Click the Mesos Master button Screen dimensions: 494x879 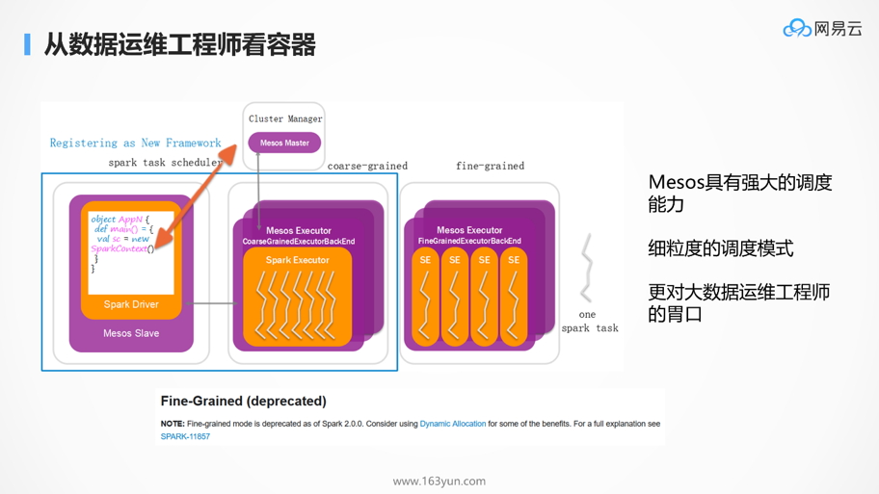tap(284, 143)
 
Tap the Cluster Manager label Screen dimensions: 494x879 tap(285, 118)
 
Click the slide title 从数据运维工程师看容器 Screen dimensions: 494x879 tap(180, 44)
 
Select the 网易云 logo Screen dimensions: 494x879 tap(822, 29)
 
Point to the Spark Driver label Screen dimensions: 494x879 tap(131, 304)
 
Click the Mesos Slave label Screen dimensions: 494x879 tap(131, 333)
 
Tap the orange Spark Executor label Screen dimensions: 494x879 tap(297, 260)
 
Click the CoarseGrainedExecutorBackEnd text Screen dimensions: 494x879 tap(298, 242)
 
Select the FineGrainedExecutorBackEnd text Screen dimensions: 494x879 tap(469, 241)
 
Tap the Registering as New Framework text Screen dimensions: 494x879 tap(135, 143)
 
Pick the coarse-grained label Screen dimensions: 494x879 tap(367, 166)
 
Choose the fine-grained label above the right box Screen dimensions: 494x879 tap(490, 166)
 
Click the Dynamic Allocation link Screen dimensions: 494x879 tap(452, 424)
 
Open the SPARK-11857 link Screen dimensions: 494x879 tap(185, 436)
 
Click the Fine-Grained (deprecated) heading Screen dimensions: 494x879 tap(243, 401)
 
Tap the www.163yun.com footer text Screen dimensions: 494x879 tap(439, 481)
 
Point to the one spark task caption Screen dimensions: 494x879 tap(589, 322)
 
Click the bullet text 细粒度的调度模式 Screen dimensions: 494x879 tap(720, 248)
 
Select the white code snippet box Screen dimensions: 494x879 tap(131, 252)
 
